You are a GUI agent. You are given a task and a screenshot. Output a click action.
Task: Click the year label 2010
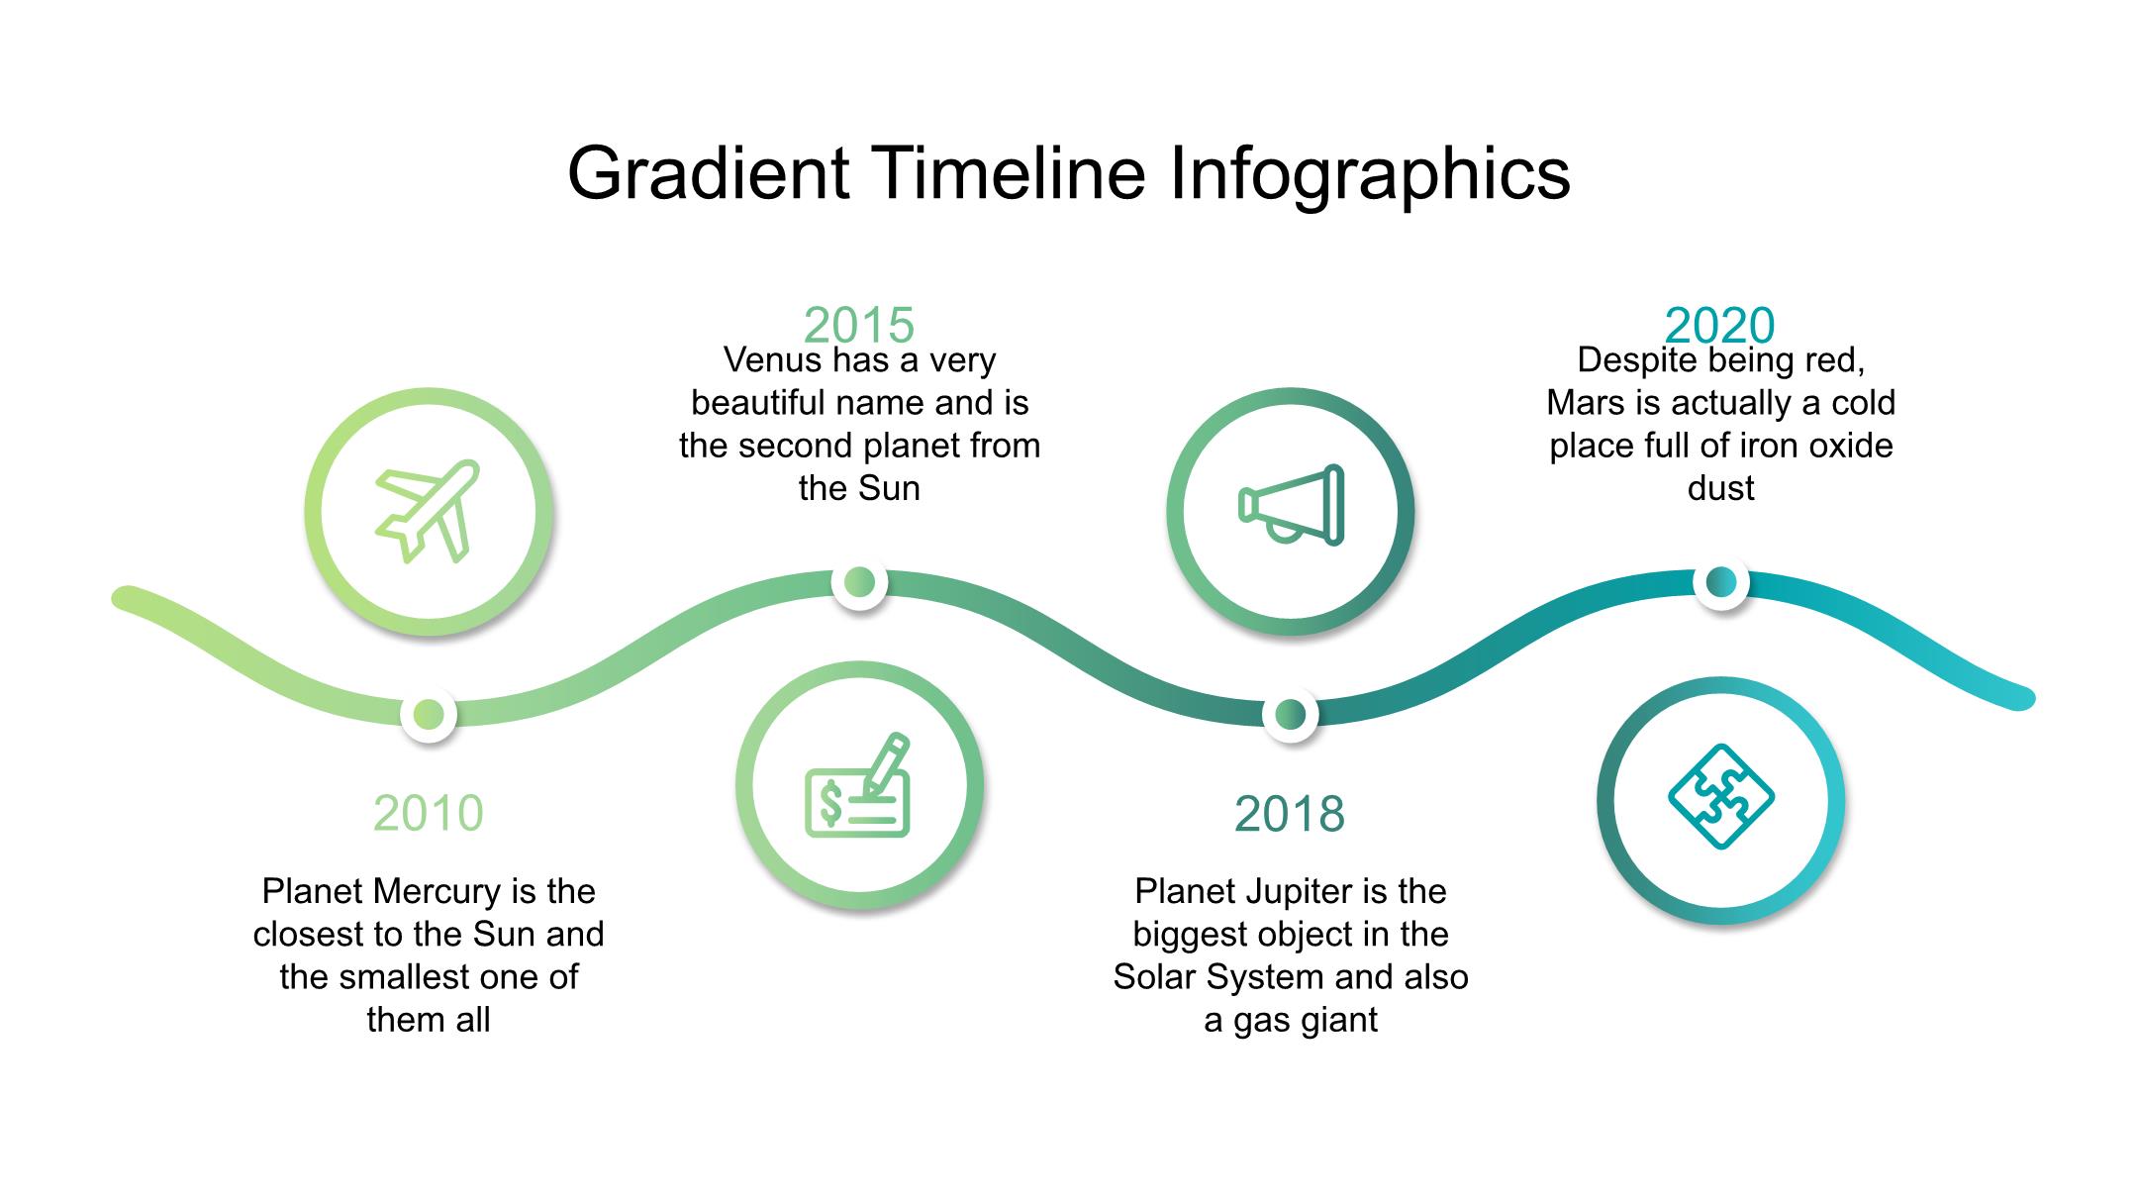[428, 813]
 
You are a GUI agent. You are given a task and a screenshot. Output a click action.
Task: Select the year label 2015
[859, 325]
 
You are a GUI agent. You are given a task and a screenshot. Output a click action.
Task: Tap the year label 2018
[1290, 814]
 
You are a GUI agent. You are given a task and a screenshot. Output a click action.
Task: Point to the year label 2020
[1720, 325]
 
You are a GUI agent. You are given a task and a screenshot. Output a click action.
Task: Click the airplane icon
[428, 511]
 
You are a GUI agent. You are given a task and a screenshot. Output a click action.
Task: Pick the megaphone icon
[1291, 506]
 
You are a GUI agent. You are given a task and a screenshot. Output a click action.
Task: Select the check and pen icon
[857, 785]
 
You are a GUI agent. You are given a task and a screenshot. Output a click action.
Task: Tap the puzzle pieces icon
[1721, 796]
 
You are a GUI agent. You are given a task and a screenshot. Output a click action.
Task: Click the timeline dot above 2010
[429, 714]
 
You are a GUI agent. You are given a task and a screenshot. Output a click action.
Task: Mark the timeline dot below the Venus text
[859, 582]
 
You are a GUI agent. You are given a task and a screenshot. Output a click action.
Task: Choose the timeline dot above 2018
[1290, 714]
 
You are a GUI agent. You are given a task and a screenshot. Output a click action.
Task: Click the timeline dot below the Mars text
[1721, 582]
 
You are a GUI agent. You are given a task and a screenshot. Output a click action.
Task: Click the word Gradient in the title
[709, 173]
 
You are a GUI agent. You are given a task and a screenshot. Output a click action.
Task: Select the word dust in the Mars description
[1721, 488]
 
